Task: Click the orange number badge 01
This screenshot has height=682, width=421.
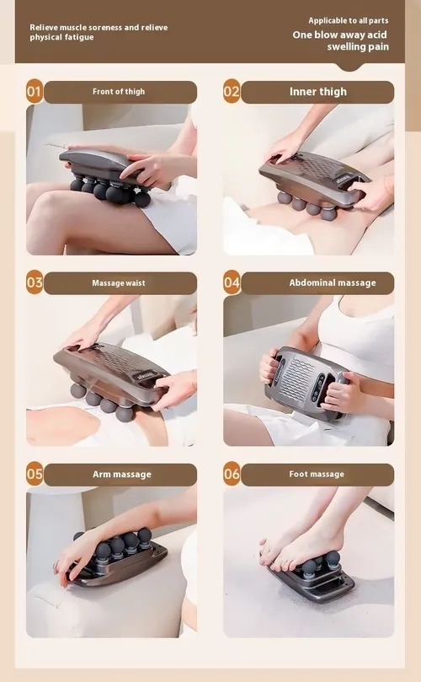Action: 35,91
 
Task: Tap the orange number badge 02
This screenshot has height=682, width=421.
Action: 232,91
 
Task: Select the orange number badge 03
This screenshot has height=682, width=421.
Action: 35,282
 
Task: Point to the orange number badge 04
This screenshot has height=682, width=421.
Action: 232,282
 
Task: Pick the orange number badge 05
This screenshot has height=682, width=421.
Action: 35,474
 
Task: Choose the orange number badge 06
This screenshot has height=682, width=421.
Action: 232,474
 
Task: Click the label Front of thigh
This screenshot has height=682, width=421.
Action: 119,91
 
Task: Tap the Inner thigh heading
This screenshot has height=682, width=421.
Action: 318,91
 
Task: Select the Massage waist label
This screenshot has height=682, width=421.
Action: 119,282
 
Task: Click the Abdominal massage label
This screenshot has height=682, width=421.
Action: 333,282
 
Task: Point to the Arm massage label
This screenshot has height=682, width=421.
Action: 121,474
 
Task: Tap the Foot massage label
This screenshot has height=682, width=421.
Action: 317,474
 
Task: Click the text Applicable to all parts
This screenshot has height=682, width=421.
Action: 349,20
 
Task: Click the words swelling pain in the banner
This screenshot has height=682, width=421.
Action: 358,47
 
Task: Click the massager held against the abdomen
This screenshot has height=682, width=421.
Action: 304,383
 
